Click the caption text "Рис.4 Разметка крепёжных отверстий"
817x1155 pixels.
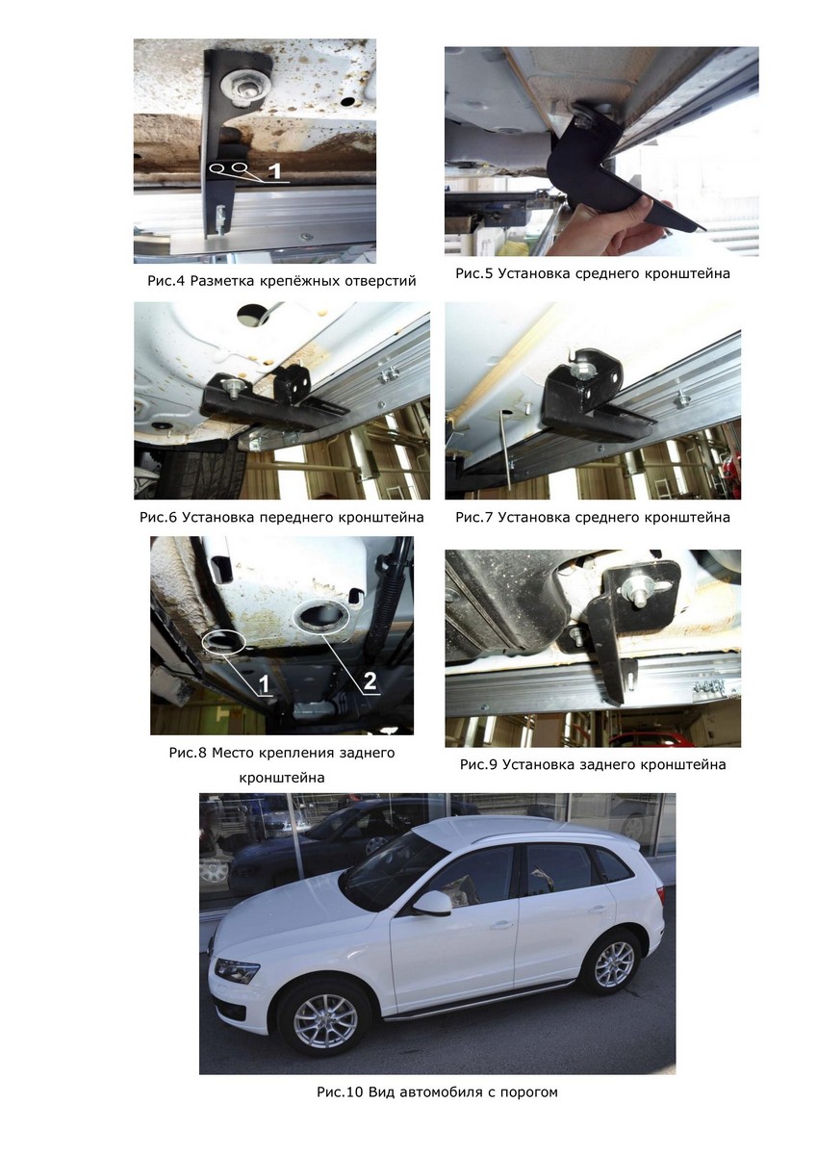click(x=281, y=281)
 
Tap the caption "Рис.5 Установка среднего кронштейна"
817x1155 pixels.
click(x=592, y=273)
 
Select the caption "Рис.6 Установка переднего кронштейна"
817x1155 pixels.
click(x=281, y=517)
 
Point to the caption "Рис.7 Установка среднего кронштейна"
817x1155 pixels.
click(x=592, y=517)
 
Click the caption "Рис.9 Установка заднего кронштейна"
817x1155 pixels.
click(x=593, y=764)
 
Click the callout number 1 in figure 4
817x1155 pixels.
click(x=276, y=170)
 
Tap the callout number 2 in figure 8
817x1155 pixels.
click(x=370, y=681)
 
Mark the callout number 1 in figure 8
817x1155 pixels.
click(x=264, y=684)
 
